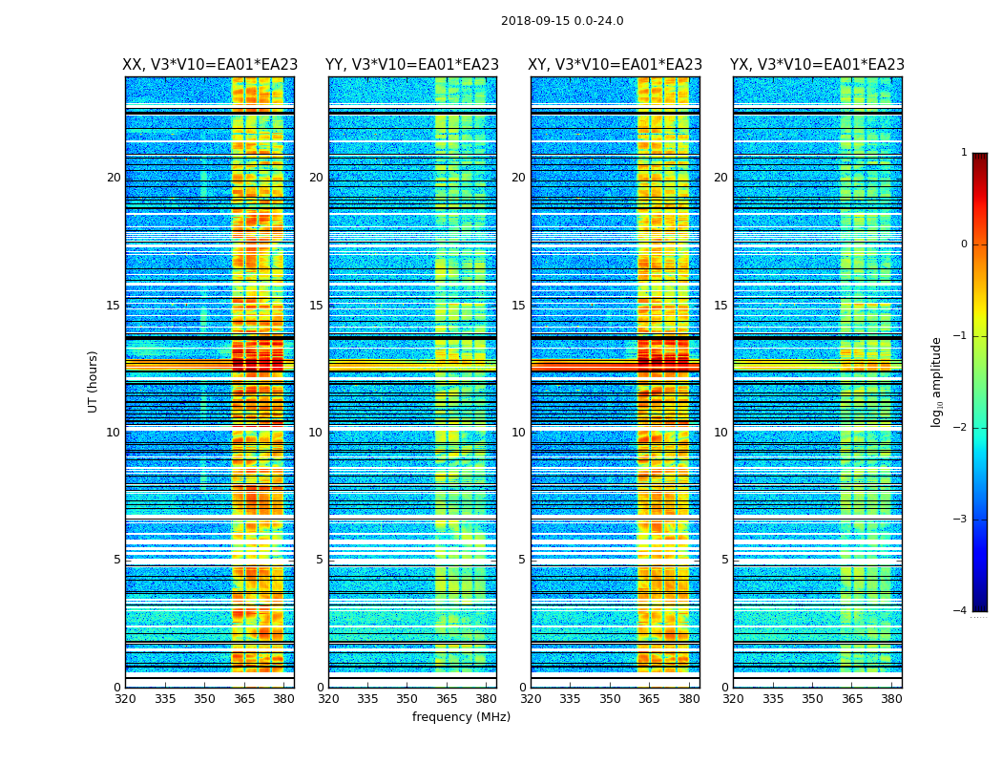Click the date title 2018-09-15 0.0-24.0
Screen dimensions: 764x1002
[562, 21]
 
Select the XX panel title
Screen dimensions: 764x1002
[210, 65]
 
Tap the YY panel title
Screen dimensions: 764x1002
[412, 65]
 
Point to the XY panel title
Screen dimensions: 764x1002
[616, 65]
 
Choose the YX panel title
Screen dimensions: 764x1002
[817, 65]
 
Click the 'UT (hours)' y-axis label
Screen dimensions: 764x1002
[94, 381]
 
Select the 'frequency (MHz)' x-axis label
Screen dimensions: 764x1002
[461, 717]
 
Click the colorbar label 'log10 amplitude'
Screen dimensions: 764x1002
[937, 381]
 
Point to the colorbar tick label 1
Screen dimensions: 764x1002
[964, 153]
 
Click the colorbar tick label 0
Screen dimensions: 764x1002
[964, 244]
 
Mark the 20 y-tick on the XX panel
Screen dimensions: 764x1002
[114, 178]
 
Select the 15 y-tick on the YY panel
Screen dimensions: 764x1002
[316, 306]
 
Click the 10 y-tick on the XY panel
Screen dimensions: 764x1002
[518, 433]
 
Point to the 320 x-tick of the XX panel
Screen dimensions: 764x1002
[125, 699]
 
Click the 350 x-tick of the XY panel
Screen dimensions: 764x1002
[610, 699]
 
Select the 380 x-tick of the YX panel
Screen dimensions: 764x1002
[891, 699]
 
